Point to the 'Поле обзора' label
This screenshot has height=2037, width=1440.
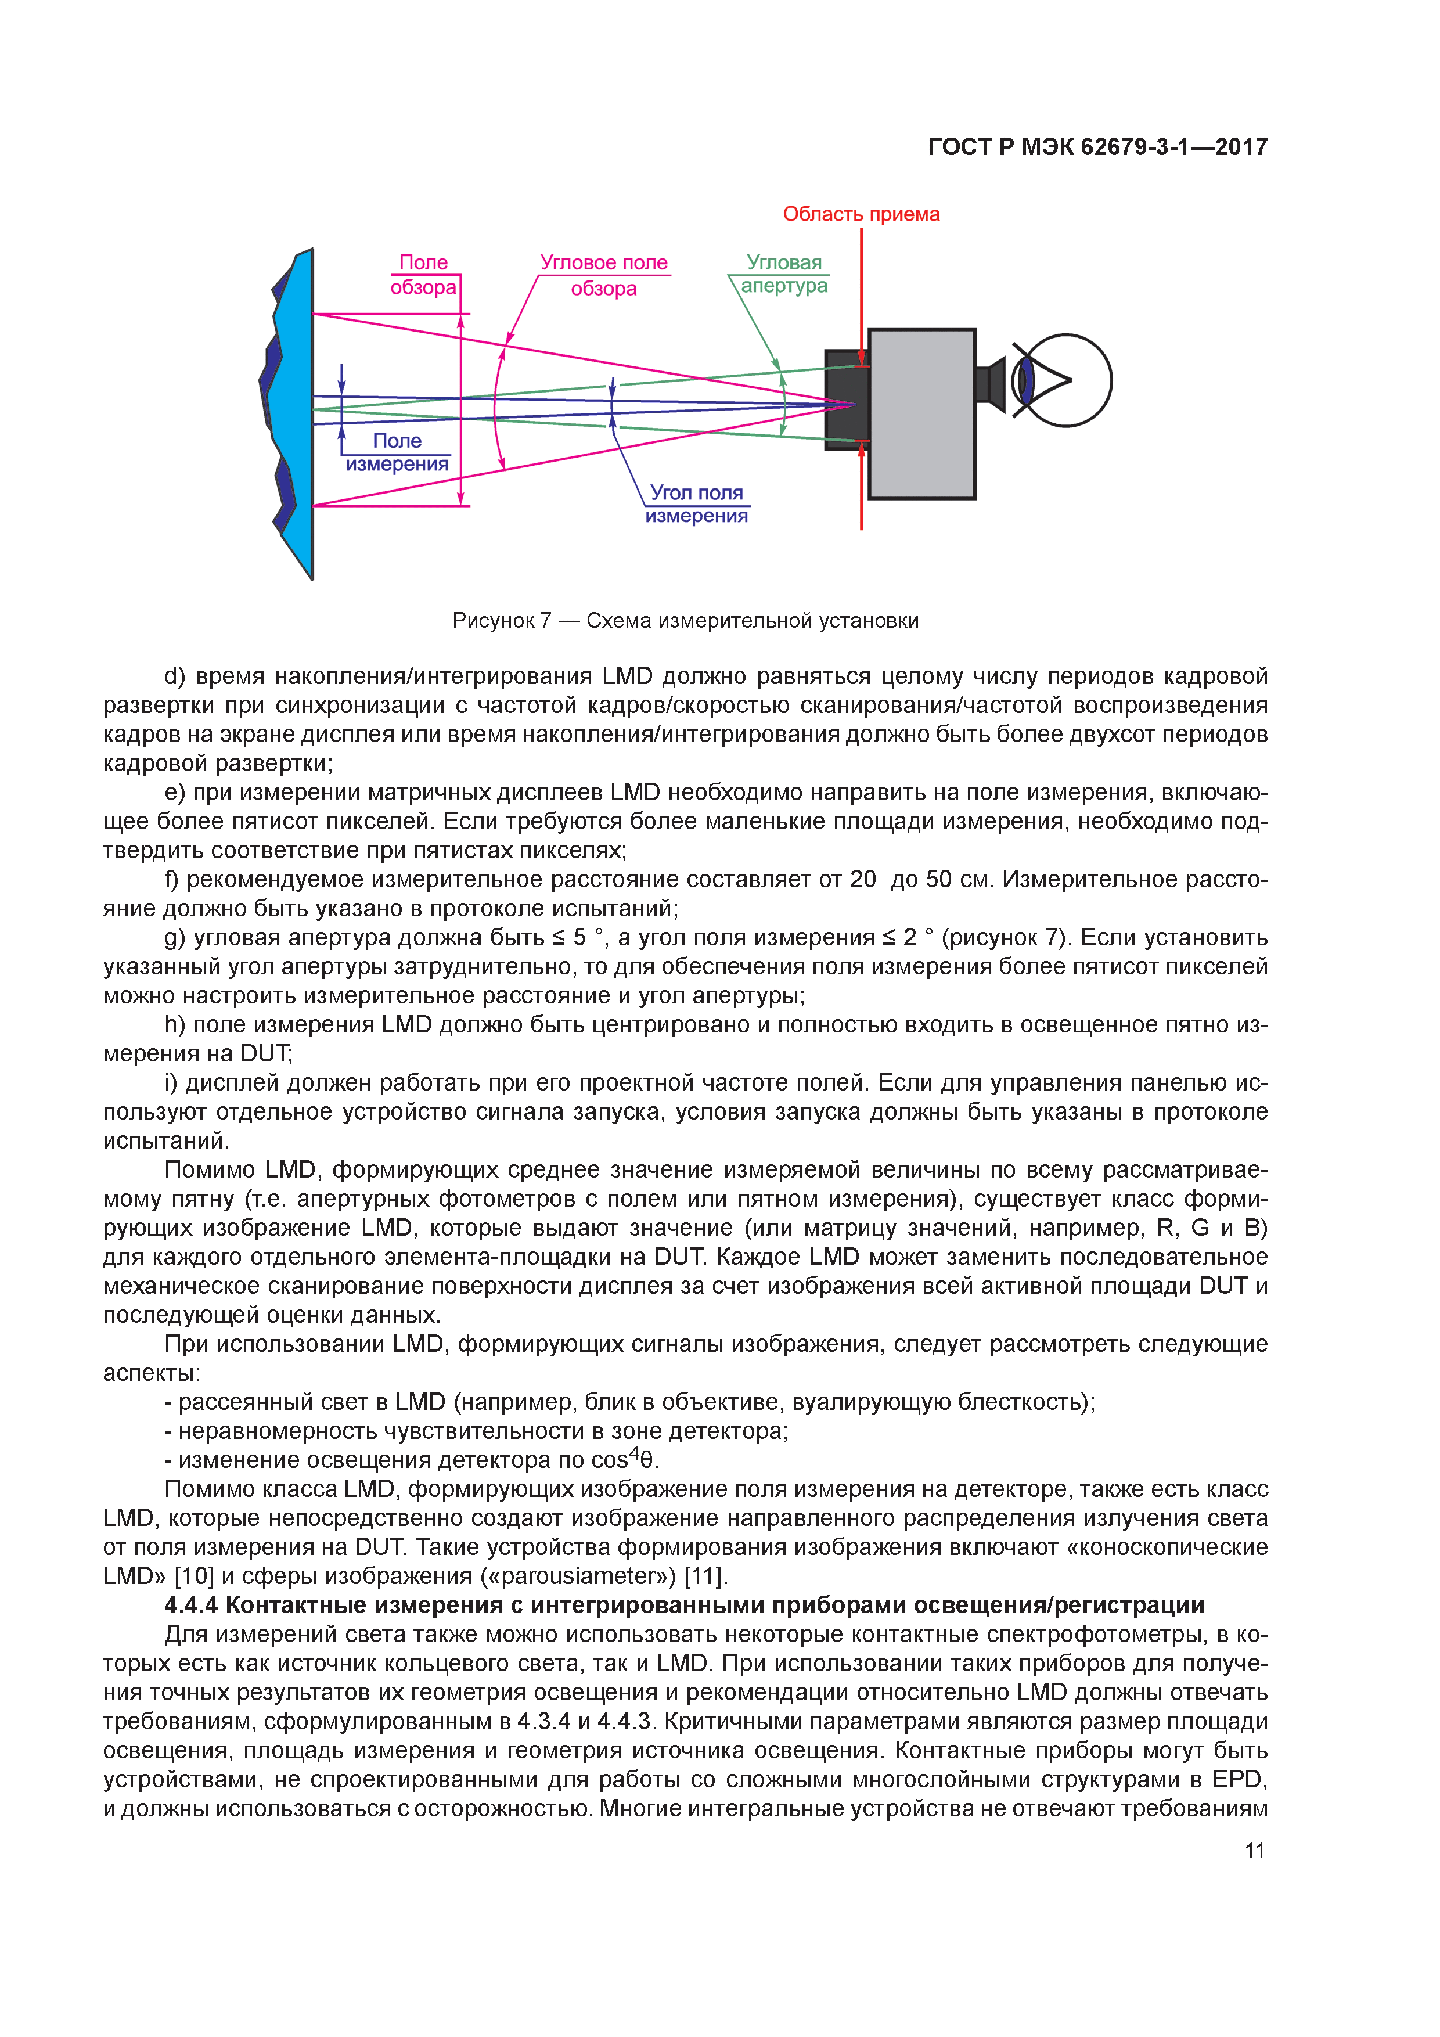[x=423, y=275]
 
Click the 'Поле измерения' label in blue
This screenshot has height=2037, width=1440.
[x=397, y=452]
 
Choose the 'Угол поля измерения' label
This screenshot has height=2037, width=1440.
[x=697, y=504]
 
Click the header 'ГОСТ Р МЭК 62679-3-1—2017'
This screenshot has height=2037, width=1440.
[x=1097, y=147]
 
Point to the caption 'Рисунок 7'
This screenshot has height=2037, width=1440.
[x=501, y=621]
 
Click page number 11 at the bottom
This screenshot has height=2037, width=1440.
[x=1254, y=1851]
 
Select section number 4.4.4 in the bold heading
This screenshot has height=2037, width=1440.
[x=191, y=1606]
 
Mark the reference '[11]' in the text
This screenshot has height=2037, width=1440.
[x=705, y=1577]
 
